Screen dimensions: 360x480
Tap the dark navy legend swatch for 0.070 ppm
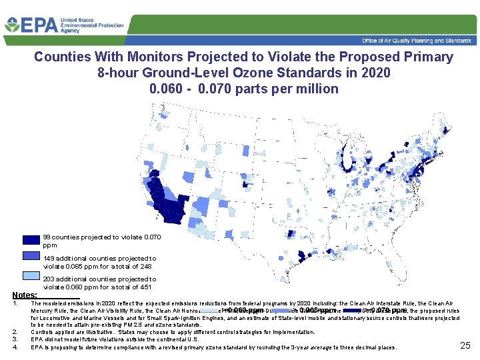[31, 241]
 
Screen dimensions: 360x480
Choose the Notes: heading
[25, 294]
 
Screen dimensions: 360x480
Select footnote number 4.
[15, 347]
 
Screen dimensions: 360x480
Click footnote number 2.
[15, 332]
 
